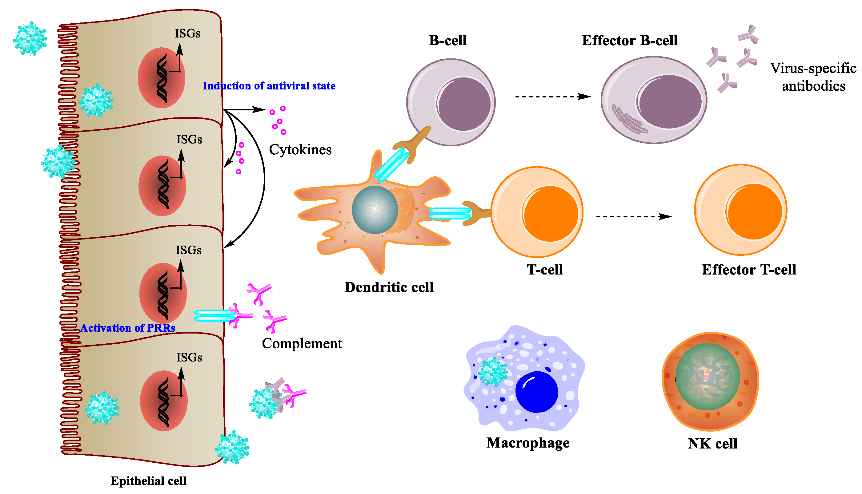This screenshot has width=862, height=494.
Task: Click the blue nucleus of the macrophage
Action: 536,392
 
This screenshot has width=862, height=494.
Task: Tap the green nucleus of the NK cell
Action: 707,377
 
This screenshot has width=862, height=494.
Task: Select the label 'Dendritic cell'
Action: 389,287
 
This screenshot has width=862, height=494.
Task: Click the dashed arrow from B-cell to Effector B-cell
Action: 553,97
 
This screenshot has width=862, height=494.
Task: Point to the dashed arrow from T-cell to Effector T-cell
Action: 634,216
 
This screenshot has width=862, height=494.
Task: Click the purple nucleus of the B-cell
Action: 464,104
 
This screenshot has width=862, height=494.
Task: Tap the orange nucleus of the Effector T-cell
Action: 755,211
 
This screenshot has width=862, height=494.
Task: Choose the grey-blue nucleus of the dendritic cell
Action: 375,209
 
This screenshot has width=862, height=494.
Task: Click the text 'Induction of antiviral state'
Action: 269,86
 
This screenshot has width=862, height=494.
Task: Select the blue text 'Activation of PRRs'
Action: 128,328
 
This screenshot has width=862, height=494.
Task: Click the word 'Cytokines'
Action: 300,150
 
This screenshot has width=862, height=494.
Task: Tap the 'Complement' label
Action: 302,343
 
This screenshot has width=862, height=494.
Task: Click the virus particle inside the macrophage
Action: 492,372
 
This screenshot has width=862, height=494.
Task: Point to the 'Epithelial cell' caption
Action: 148,481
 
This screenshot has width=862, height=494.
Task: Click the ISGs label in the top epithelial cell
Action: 187,34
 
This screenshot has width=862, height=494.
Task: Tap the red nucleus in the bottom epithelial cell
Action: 164,401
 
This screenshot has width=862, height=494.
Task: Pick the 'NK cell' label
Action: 712,444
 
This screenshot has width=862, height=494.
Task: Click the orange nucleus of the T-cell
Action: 551,213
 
